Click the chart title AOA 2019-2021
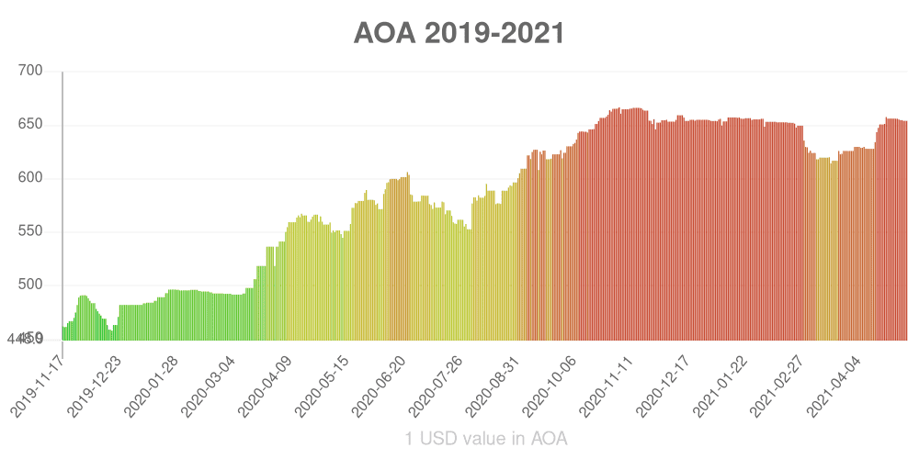459,33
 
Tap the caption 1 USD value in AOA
486,439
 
